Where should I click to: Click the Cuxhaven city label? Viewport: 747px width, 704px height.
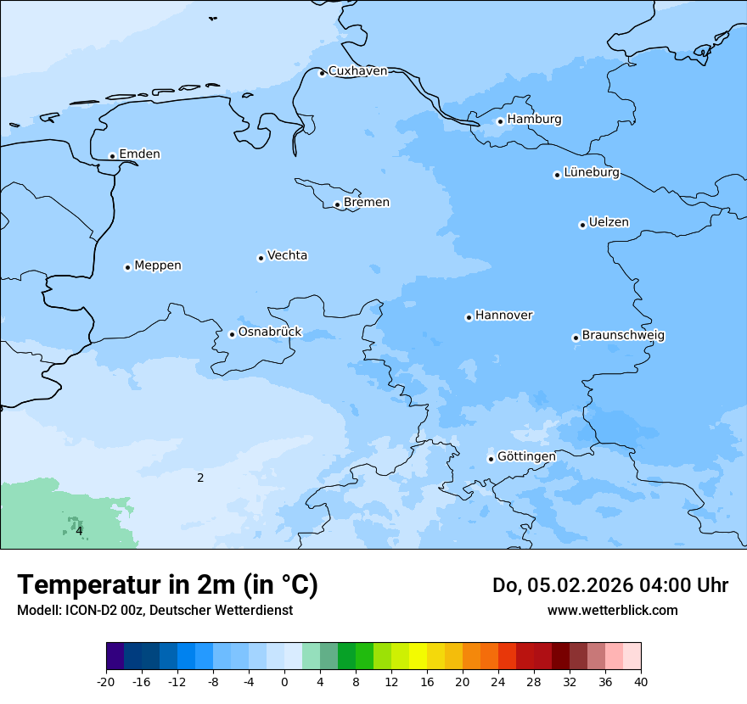click(x=357, y=71)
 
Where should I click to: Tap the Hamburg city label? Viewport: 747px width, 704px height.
click(x=534, y=120)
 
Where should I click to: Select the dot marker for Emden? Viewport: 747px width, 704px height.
click(x=112, y=156)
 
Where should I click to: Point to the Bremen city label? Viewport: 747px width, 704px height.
click(x=367, y=203)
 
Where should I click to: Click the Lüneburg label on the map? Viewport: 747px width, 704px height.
click(x=592, y=173)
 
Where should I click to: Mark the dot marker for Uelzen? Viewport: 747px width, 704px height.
click(x=582, y=225)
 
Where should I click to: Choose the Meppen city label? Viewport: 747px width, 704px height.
click(x=158, y=265)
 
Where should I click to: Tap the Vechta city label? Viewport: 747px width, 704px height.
click(x=287, y=255)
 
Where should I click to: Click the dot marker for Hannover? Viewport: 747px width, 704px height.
click(x=469, y=317)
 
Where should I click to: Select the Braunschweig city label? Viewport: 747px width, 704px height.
click(x=623, y=336)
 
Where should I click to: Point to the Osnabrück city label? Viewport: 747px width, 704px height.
click(x=270, y=332)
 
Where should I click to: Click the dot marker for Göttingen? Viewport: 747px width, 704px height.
click(x=491, y=459)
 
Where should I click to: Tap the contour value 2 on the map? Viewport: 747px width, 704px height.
click(x=200, y=478)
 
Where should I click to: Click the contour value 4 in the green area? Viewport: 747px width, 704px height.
click(x=79, y=531)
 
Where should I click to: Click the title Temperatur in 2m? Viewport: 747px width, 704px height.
click(x=167, y=585)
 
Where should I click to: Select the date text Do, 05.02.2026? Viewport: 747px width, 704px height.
click(x=562, y=585)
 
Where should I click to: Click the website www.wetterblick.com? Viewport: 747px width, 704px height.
click(x=612, y=610)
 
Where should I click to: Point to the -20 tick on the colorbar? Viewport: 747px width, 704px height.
click(x=106, y=682)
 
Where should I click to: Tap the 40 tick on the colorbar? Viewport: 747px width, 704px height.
click(x=640, y=682)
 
